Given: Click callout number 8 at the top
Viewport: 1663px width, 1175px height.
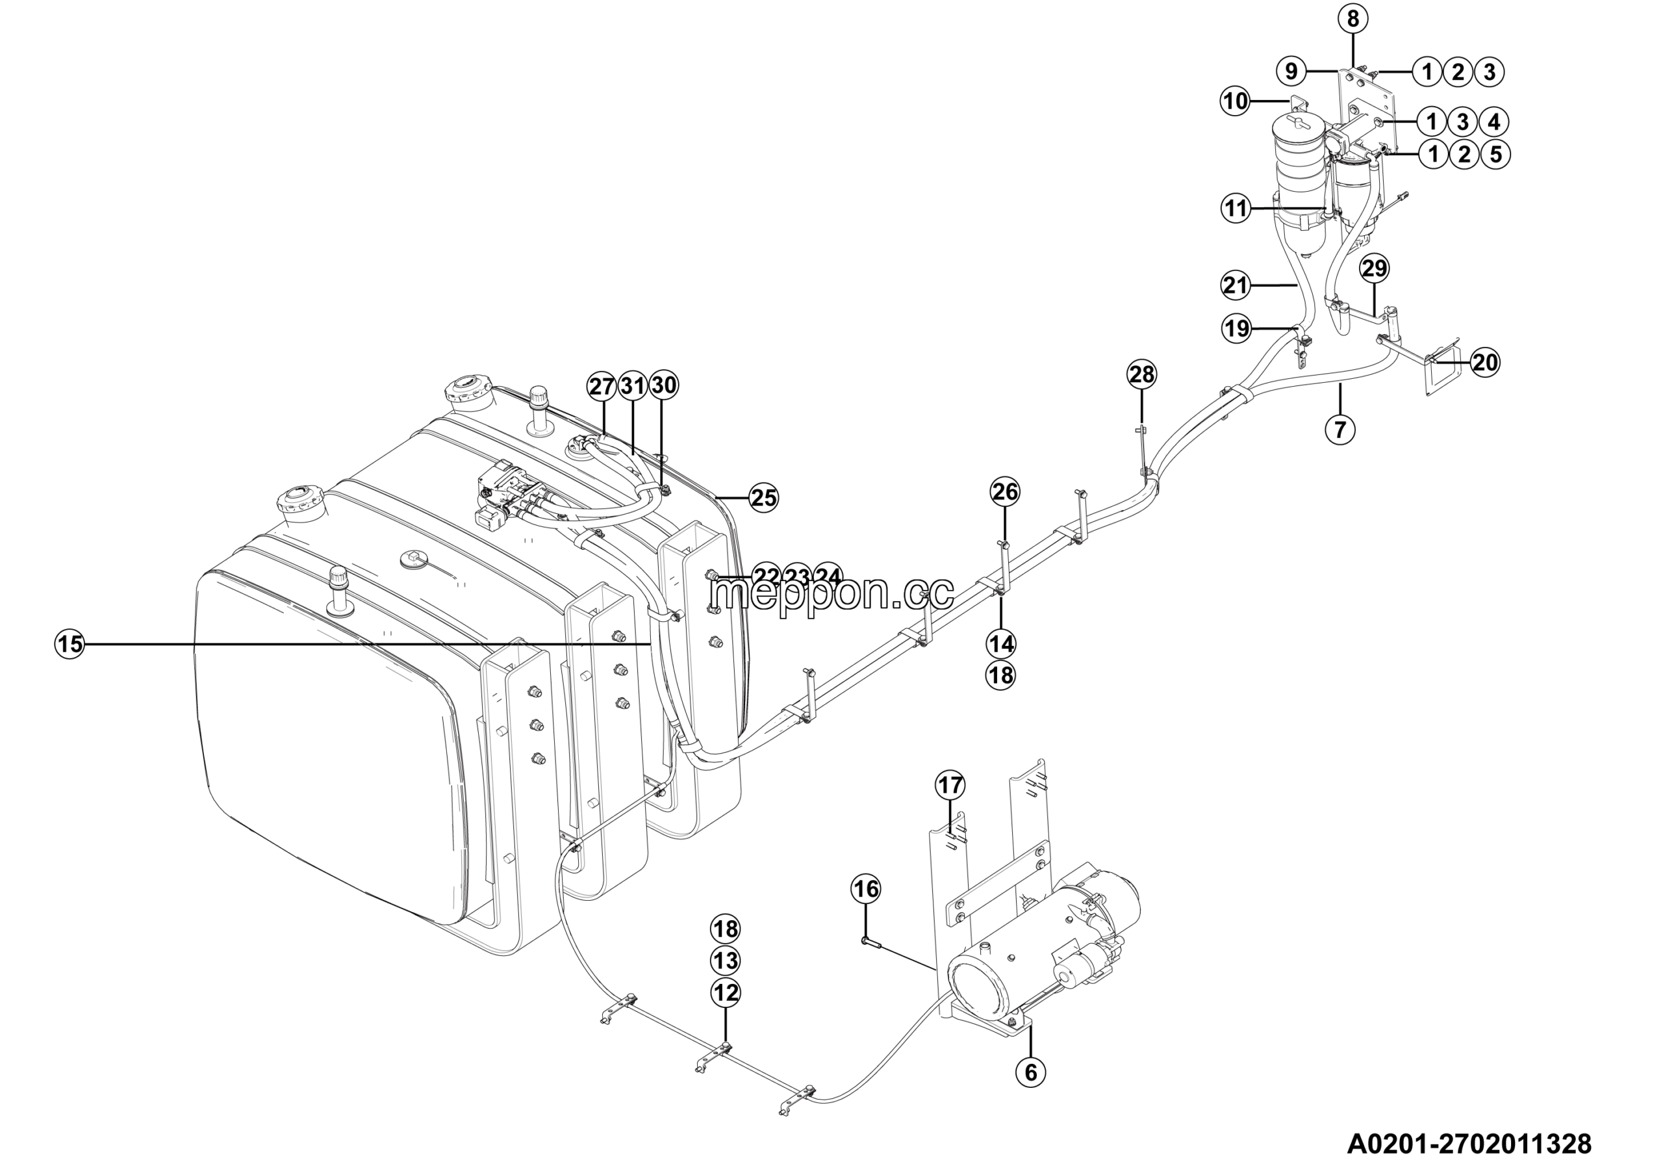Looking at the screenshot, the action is [x=1352, y=19].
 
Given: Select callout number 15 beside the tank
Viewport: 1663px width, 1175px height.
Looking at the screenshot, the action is [x=70, y=643].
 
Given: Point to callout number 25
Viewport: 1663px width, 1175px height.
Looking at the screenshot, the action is [x=763, y=498].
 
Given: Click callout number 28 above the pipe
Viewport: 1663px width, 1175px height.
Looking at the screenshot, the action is [x=1141, y=374].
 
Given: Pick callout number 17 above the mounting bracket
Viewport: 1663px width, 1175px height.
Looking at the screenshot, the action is [x=951, y=784].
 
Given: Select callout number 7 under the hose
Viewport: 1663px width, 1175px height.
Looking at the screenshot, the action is [x=1340, y=430].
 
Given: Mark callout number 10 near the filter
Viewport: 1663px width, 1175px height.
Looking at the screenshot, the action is [x=1236, y=101].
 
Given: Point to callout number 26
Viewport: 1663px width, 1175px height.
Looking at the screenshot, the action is [x=1004, y=492].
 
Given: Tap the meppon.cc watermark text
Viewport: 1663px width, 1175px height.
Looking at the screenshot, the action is [x=831, y=593].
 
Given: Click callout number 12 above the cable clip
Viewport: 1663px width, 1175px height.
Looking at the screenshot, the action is [x=726, y=992].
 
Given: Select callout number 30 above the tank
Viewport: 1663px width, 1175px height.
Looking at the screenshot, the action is [x=663, y=385].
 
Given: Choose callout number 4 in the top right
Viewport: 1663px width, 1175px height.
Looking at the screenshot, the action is [x=1494, y=122].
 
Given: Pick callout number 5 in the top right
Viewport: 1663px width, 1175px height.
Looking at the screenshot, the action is [x=1495, y=154].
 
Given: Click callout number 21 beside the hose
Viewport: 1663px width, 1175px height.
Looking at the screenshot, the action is [x=1236, y=285].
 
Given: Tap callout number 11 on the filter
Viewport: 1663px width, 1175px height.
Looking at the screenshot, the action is [x=1236, y=209].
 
